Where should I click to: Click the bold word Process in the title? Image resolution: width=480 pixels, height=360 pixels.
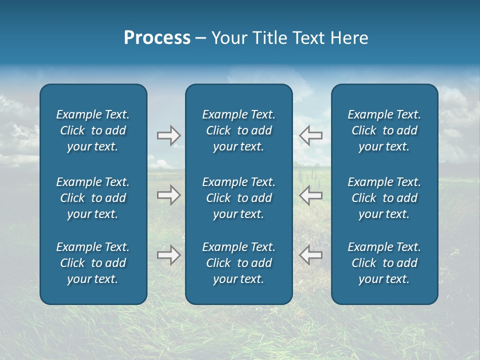point(157,38)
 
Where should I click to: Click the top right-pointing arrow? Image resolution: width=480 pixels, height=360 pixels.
point(168,135)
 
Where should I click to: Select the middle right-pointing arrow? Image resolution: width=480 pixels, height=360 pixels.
point(168,195)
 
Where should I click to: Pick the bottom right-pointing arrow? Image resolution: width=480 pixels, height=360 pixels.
point(168,255)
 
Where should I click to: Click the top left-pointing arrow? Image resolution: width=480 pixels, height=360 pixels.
point(311,135)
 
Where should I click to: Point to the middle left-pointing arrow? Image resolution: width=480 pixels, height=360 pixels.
point(311,195)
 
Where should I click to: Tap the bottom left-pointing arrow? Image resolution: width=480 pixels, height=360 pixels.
point(311,255)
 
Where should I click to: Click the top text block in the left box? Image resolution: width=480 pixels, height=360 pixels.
point(93,130)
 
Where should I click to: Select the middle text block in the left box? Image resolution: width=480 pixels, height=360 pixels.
point(93,198)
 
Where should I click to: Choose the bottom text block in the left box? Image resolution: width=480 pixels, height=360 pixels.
point(93,263)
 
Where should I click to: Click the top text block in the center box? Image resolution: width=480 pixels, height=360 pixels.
point(238,130)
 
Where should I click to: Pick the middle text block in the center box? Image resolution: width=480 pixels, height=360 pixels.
point(238,198)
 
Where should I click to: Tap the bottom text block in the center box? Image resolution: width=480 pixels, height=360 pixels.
point(238,263)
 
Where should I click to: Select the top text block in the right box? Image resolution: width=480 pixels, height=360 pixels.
point(384,130)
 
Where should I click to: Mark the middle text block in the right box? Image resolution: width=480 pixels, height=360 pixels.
point(384,198)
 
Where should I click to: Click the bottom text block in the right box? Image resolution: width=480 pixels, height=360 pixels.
point(384,263)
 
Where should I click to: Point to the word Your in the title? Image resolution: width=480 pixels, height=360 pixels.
point(229,38)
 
